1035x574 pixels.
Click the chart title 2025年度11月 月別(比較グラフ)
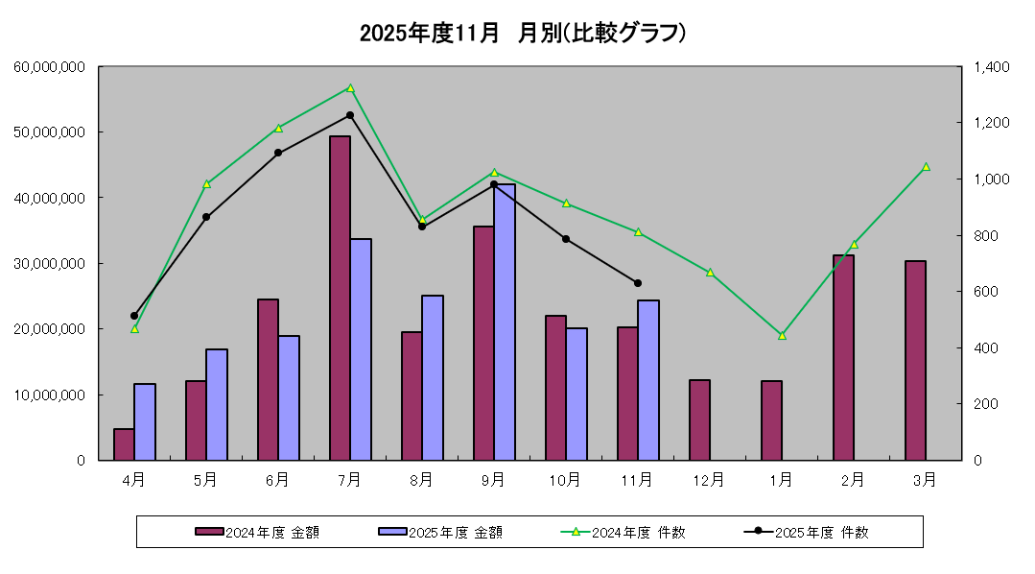point(523,34)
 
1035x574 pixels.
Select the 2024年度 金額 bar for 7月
point(340,298)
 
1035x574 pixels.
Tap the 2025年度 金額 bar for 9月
point(505,322)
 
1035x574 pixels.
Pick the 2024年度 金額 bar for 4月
point(124,444)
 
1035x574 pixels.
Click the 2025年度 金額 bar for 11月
point(648,380)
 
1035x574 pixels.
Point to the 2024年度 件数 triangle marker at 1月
point(782,335)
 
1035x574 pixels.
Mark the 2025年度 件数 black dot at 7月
point(350,115)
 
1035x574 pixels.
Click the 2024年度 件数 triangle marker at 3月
point(926,167)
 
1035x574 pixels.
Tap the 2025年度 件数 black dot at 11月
point(638,283)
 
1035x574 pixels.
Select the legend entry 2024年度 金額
point(257,532)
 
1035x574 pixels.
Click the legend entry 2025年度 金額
point(440,532)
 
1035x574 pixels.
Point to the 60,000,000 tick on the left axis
point(51,66)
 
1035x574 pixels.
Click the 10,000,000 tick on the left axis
point(51,395)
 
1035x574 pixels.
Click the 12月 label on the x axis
point(709,479)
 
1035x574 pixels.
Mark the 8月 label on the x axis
point(421,479)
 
